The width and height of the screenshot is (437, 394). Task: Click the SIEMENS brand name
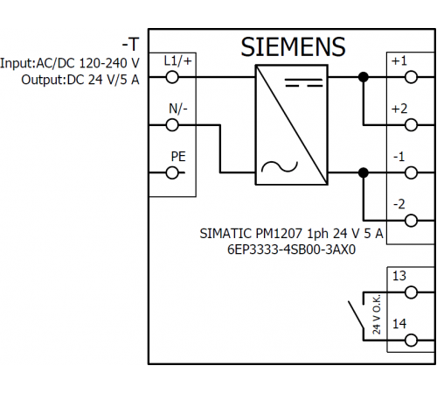(293, 46)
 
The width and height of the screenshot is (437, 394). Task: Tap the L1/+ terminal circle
(172, 77)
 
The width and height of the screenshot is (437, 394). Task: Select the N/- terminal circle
(172, 125)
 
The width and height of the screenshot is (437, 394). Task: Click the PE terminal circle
(172, 172)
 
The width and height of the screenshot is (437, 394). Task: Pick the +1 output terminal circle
(411, 77)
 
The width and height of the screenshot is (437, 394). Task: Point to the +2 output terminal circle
(411, 125)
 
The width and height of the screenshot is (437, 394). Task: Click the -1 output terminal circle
(411, 172)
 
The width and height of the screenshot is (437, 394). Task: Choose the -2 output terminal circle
(411, 221)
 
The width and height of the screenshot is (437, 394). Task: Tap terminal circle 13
(411, 292)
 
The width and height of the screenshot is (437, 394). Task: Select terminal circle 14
(411, 341)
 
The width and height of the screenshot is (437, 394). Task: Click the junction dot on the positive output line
(364, 77)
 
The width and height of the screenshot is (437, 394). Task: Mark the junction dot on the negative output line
(364, 172)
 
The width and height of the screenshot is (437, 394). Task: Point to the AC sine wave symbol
(280, 166)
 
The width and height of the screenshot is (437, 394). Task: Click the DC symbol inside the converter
(304, 82)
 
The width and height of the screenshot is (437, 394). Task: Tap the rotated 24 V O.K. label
(377, 314)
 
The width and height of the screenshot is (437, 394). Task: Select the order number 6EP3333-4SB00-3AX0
(291, 250)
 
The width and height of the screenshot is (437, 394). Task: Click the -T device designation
(130, 45)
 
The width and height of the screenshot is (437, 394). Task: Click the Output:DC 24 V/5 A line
(80, 80)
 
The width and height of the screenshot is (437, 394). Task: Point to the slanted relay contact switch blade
(356, 315)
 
